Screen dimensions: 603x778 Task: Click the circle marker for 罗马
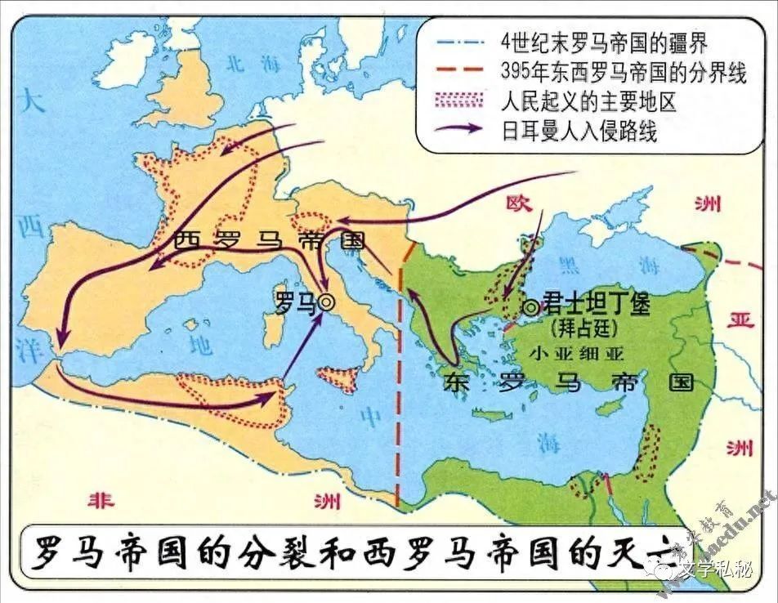[x=326, y=301]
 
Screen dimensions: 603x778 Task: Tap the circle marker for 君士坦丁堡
[x=531, y=307]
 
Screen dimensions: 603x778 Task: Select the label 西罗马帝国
[x=270, y=241]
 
